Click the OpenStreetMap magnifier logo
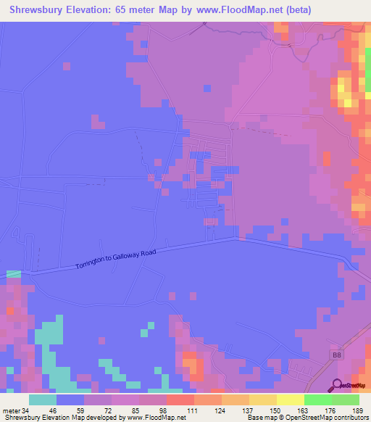338,386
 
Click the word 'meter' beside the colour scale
11,410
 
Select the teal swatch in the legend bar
43,400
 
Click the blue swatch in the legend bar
70,400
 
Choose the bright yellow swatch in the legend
291,400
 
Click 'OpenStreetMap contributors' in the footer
329,418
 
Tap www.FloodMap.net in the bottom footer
154,418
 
